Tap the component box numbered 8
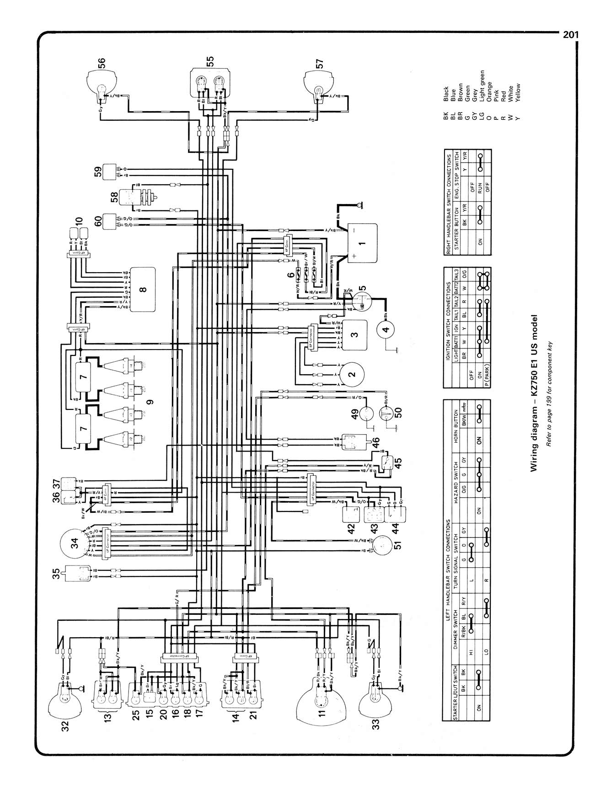(x=143, y=289)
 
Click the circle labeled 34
(x=75, y=543)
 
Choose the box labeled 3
(x=355, y=334)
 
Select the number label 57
(x=319, y=63)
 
